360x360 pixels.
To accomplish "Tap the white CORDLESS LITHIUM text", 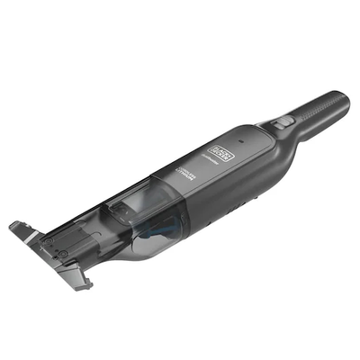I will [184, 171].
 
